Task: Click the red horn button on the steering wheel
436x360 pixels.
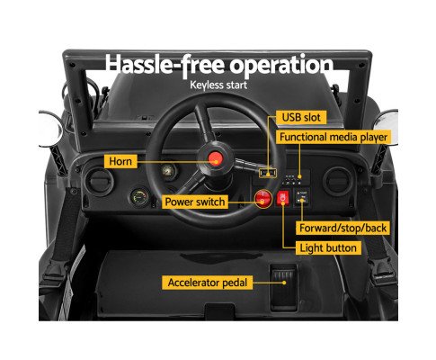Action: point(215,158)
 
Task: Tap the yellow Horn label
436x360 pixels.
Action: point(120,161)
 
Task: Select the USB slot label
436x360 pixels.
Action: point(301,117)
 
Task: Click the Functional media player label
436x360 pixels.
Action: point(334,138)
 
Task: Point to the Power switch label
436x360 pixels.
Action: point(195,202)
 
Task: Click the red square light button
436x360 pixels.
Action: point(283,198)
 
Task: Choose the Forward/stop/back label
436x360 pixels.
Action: point(343,228)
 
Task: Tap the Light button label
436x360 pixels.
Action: point(328,248)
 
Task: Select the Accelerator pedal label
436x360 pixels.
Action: point(208,283)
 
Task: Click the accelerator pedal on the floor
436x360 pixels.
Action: point(283,287)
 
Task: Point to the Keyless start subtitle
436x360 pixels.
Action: point(218,85)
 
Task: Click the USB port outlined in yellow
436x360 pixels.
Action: point(268,173)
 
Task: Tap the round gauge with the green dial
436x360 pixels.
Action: point(139,198)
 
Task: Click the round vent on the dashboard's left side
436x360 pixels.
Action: point(99,182)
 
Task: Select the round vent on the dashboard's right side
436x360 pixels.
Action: point(337,181)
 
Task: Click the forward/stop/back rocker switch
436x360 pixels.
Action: point(302,196)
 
